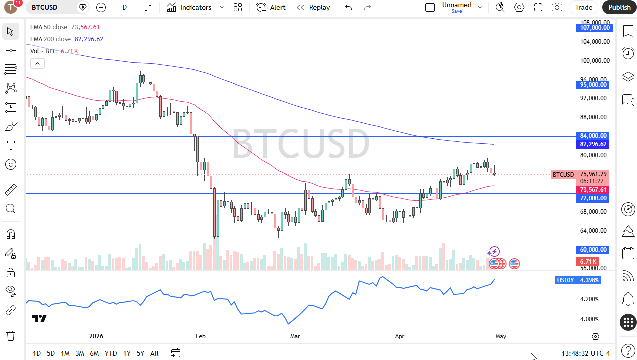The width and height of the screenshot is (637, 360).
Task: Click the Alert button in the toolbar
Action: click(x=271, y=7)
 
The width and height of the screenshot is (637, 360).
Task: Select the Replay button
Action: click(x=313, y=7)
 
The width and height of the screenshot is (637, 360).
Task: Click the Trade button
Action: click(x=583, y=7)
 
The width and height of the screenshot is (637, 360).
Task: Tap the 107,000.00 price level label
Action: click(x=594, y=28)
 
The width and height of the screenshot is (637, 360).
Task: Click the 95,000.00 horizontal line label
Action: click(x=594, y=85)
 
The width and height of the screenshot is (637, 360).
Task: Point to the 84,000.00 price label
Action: click(x=594, y=136)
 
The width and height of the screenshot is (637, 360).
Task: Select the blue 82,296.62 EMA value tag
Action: click(x=594, y=144)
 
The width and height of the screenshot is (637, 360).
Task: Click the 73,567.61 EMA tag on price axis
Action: click(x=594, y=190)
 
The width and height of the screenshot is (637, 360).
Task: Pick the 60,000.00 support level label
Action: click(x=594, y=250)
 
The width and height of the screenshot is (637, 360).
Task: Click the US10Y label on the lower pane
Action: click(x=565, y=280)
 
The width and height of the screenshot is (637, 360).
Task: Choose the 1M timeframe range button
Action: click(x=65, y=353)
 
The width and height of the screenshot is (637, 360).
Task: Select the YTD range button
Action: click(x=111, y=353)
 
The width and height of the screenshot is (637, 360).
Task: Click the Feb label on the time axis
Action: click(x=201, y=336)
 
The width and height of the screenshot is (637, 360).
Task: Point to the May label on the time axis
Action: click(x=501, y=336)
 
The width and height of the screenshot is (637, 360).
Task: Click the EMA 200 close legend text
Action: click(x=50, y=39)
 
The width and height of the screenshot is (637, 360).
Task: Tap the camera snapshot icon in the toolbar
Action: click(x=557, y=7)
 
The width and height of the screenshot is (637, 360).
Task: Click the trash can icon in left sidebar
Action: click(x=11, y=335)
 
